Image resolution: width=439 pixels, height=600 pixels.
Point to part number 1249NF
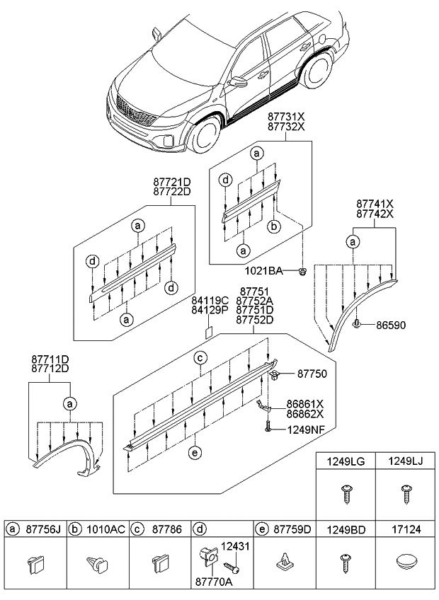[307, 429]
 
